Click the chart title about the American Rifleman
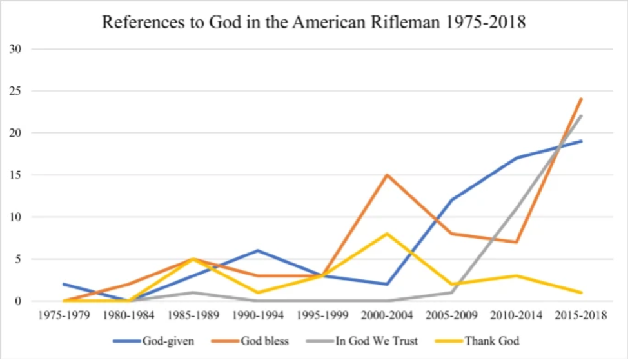click(314, 23)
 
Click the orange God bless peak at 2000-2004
click(386, 175)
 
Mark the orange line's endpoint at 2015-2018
click(581, 99)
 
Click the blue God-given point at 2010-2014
click(516, 158)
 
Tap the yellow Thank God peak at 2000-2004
click(386, 234)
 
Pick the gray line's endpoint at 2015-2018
click(581, 116)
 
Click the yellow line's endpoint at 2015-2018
click(581, 292)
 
